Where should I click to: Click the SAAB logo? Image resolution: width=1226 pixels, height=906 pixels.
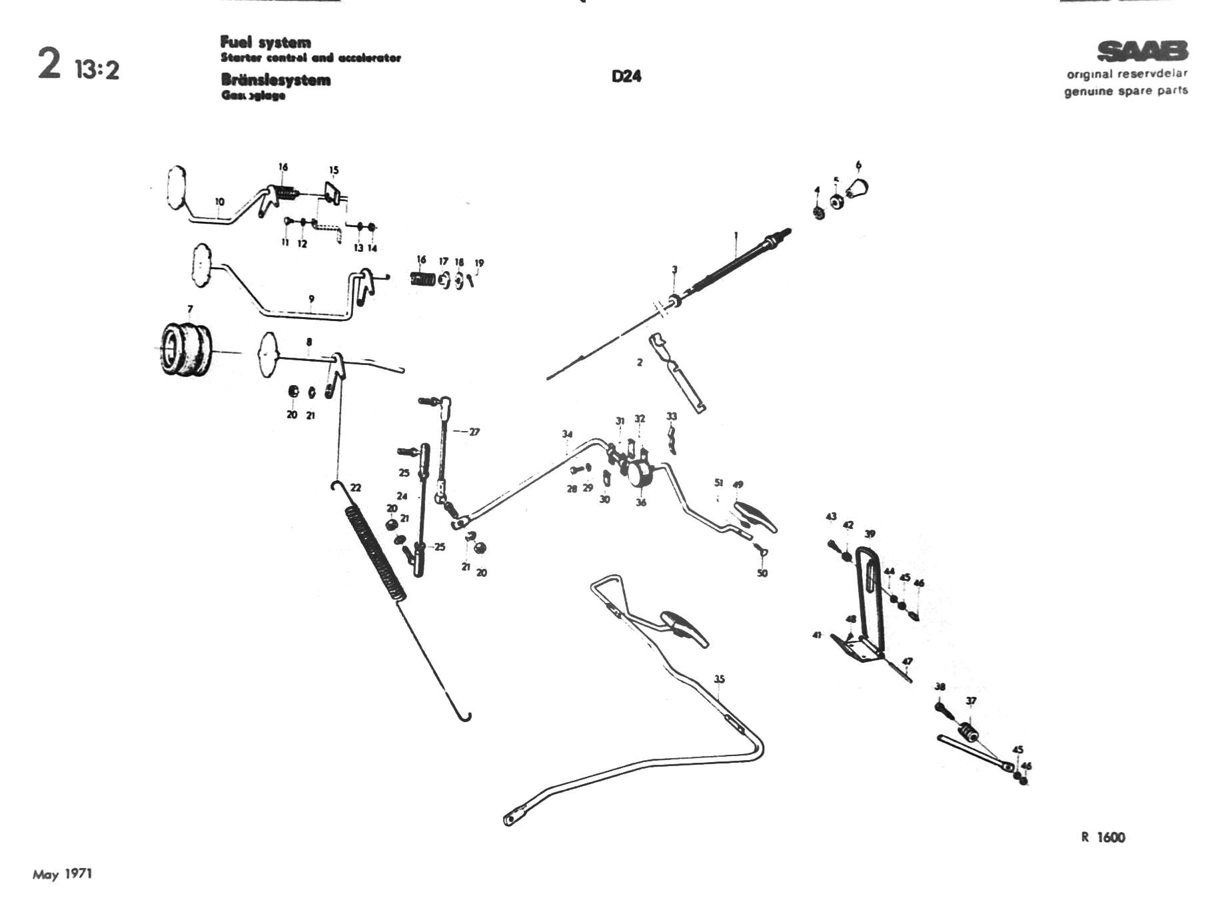(1142, 51)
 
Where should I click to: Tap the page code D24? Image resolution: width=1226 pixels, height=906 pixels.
(626, 77)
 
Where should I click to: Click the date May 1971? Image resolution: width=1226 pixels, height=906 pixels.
(63, 874)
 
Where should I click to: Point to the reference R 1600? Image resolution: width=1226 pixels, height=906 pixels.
(1103, 837)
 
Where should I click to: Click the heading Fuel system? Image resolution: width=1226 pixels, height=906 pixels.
(265, 43)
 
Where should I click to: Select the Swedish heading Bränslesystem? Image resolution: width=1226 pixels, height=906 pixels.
(275, 81)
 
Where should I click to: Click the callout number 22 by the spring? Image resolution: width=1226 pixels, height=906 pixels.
(356, 488)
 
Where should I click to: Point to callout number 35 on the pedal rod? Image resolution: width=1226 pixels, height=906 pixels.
(719, 679)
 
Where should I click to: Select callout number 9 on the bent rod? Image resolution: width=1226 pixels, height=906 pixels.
(311, 299)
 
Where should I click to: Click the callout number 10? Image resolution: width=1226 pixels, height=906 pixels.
(220, 201)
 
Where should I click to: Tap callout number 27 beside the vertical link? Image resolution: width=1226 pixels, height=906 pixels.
(474, 432)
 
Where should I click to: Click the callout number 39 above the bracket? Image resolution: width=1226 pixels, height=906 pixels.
(870, 534)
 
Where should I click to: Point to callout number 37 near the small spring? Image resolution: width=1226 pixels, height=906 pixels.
(971, 701)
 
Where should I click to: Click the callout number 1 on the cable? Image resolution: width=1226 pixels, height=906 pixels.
(736, 235)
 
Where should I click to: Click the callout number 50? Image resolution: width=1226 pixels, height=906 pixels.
(762, 573)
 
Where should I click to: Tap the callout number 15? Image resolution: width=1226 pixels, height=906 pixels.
(334, 170)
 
